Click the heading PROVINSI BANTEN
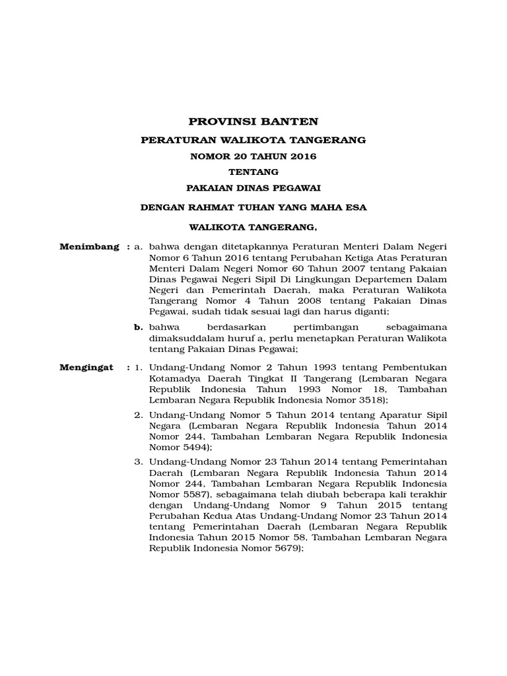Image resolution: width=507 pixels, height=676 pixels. (253, 121)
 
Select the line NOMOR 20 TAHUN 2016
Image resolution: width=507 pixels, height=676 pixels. (253, 156)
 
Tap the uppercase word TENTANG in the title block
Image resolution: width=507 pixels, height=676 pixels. (253, 172)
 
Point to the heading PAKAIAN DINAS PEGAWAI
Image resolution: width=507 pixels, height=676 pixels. (253, 188)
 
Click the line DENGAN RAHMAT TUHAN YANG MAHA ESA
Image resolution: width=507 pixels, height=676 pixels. (253, 207)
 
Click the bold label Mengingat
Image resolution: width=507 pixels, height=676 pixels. (86, 366)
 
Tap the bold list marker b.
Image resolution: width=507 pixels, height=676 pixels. (139, 327)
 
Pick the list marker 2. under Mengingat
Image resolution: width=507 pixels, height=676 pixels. (139, 415)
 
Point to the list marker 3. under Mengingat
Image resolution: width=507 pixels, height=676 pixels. (139, 461)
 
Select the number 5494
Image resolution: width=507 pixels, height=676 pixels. (195, 447)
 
